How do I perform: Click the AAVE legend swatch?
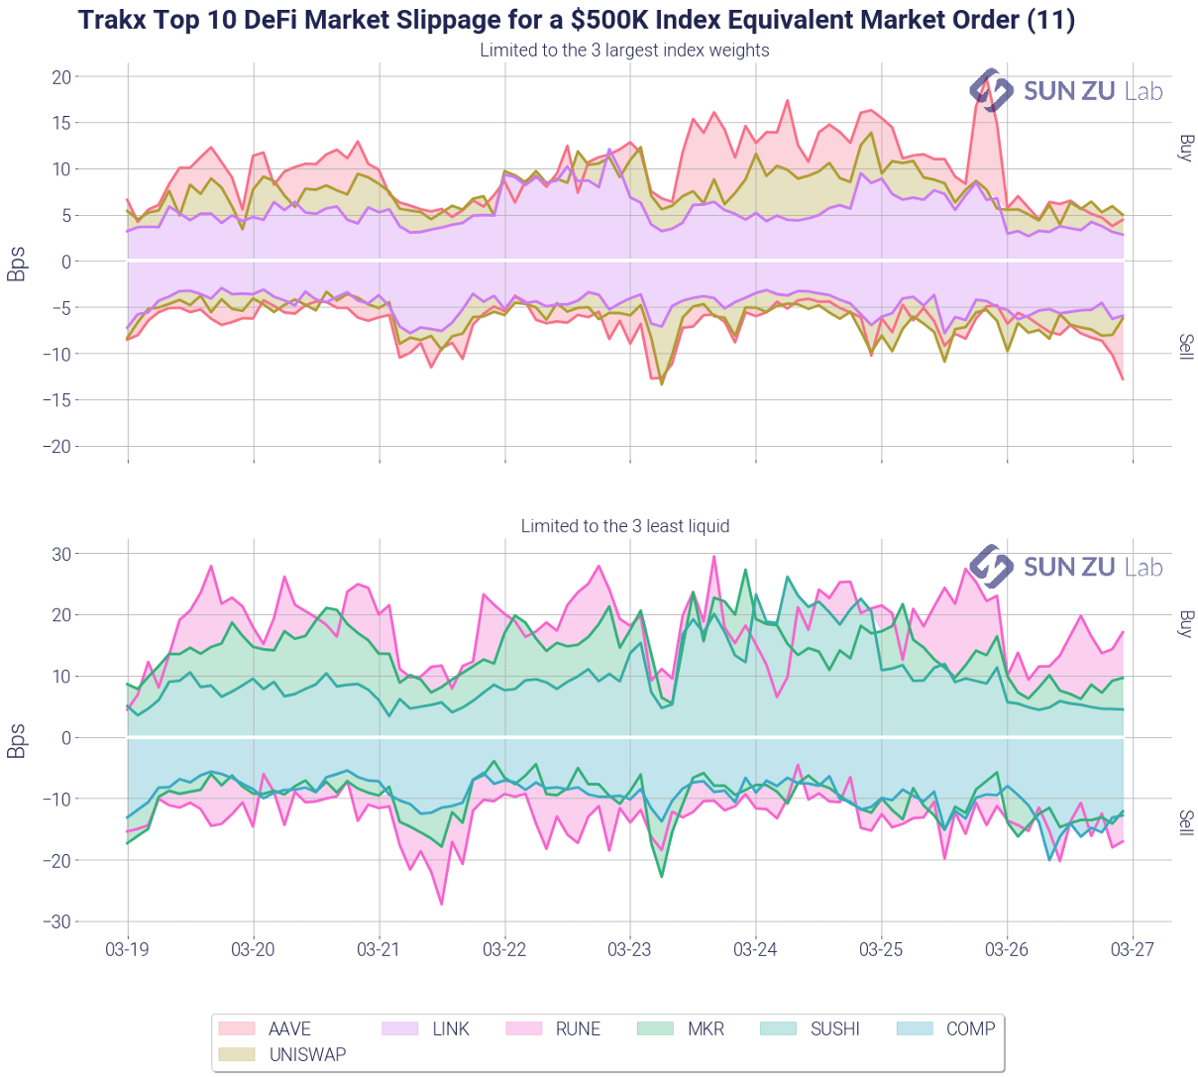(236, 1029)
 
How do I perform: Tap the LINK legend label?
(451, 1029)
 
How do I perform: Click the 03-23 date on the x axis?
(630, 949)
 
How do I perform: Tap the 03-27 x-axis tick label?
(1133, 949)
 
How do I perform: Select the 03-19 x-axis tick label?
(127, 949)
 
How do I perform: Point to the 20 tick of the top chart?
(60, 77)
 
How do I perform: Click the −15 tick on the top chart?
(56, 400)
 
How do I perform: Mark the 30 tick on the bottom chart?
(60, 554)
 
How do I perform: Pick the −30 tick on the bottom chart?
(56, 921)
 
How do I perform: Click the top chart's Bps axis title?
(17, 263)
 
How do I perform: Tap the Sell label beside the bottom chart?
(1185, 822)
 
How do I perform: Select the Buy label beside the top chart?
(1185, 148)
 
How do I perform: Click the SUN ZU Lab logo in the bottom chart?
(1065, 567)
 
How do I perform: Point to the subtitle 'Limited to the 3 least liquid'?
(625, 526)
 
